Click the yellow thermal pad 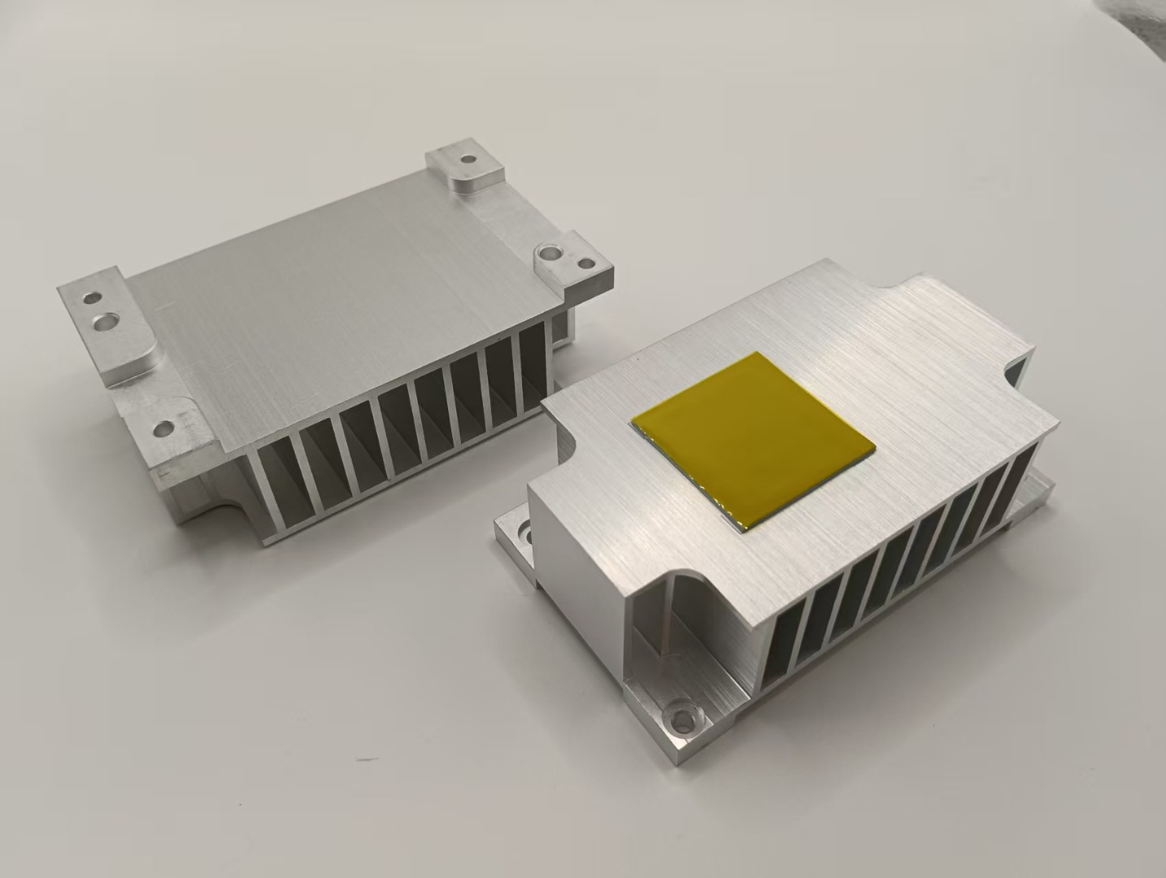point(753,441)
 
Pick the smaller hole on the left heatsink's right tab point(585,263)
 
